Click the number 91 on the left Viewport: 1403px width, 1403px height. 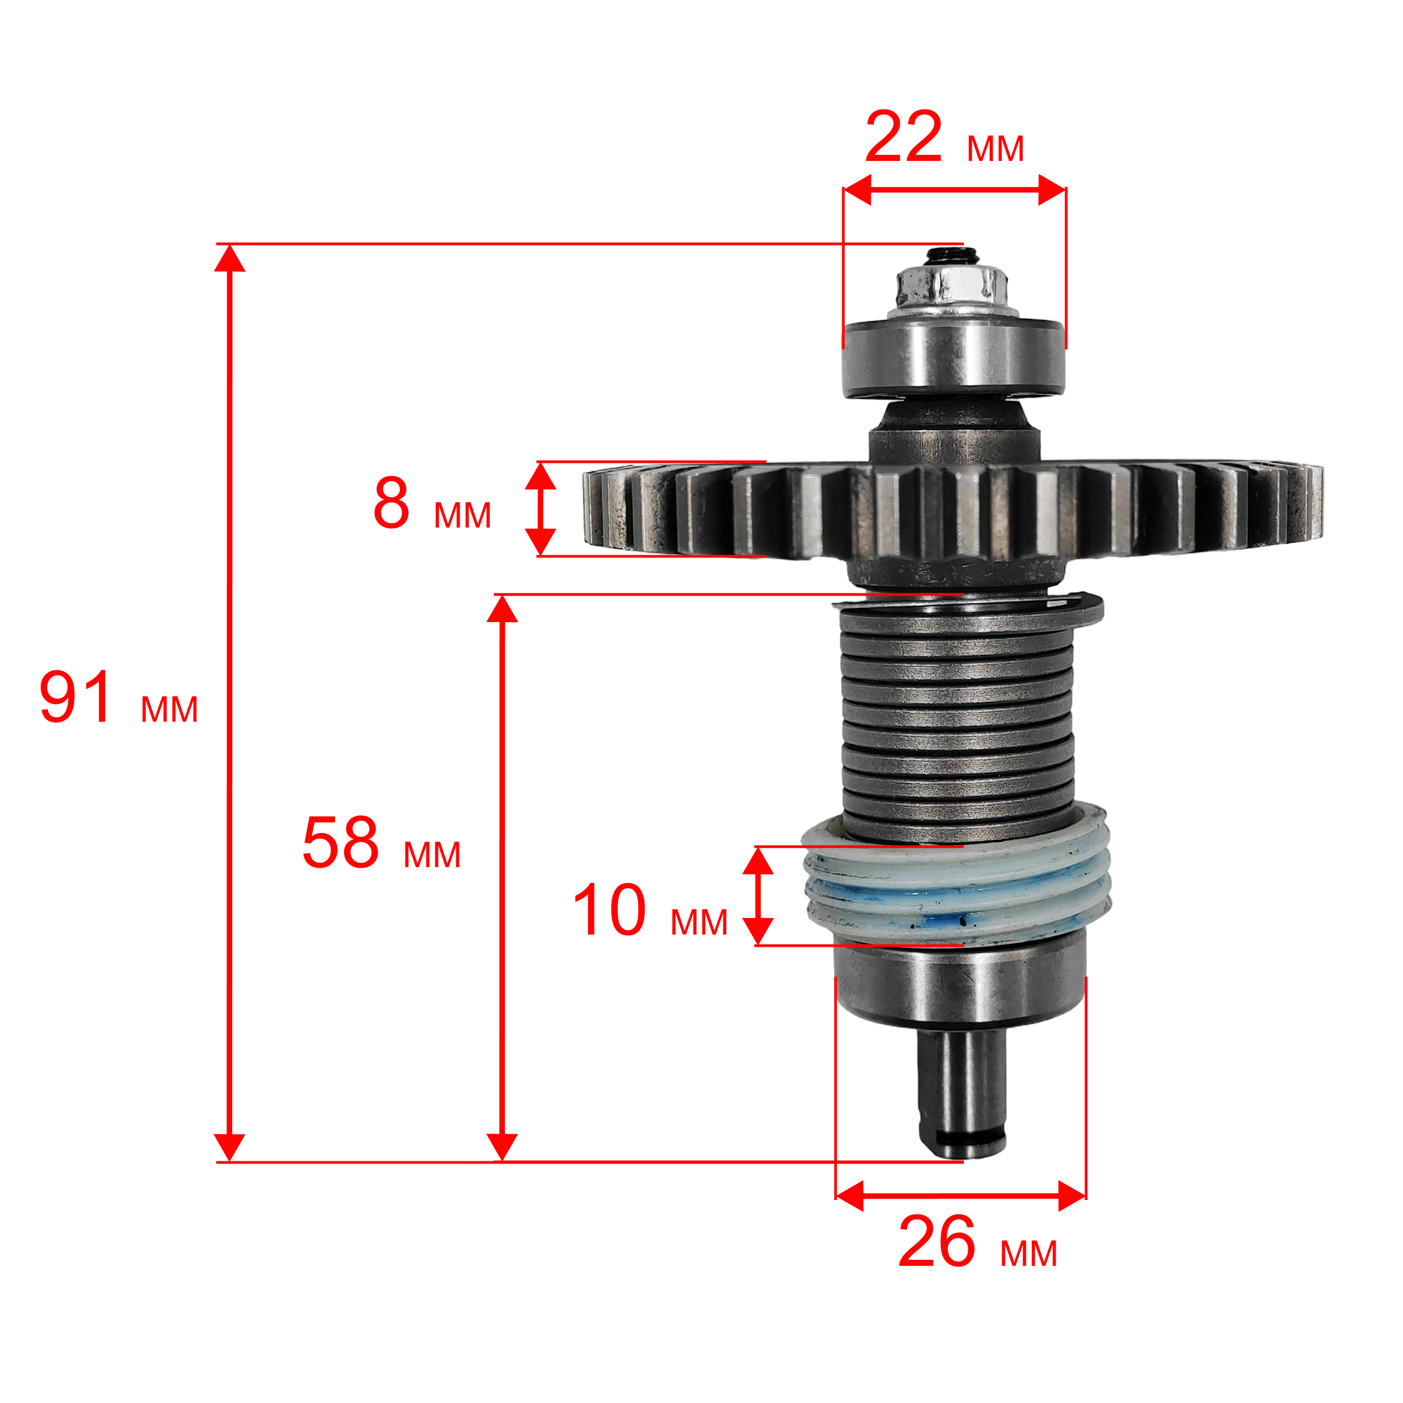tap(76, 698)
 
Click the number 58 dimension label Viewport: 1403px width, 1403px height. tap(341, 842)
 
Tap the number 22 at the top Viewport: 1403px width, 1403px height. tap(904, 137)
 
